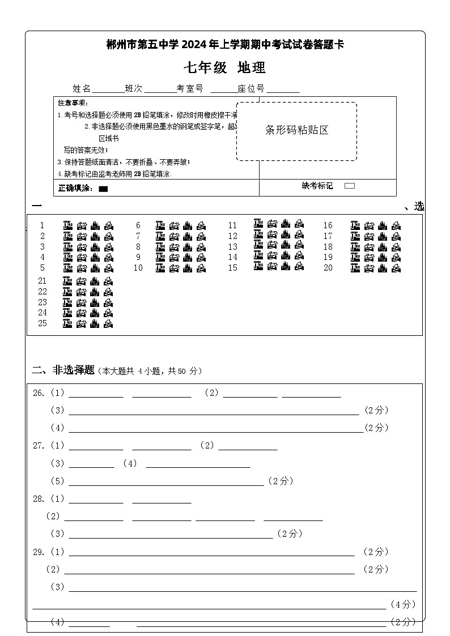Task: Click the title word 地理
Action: coord(252,68)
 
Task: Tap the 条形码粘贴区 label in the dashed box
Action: coord(297,130)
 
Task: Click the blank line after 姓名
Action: coord(108,89)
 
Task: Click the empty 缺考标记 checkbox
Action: coord(350,186)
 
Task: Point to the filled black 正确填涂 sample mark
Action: coord(103,189)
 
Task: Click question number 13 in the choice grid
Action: coord(233,247)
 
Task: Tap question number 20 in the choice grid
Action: coord(328,268)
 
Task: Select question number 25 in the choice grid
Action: coord(43,323)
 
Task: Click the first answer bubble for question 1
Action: coord(67,225)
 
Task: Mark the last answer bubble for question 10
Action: coord(201,268)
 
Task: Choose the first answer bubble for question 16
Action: coord(355,225)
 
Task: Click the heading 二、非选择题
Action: coord(63,370)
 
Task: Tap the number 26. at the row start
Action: coord(39,393)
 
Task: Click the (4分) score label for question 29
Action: coord(404,604)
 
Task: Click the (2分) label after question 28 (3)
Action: coord(289,533)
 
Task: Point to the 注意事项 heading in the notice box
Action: coord(73,103)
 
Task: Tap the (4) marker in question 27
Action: coord(130,463)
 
